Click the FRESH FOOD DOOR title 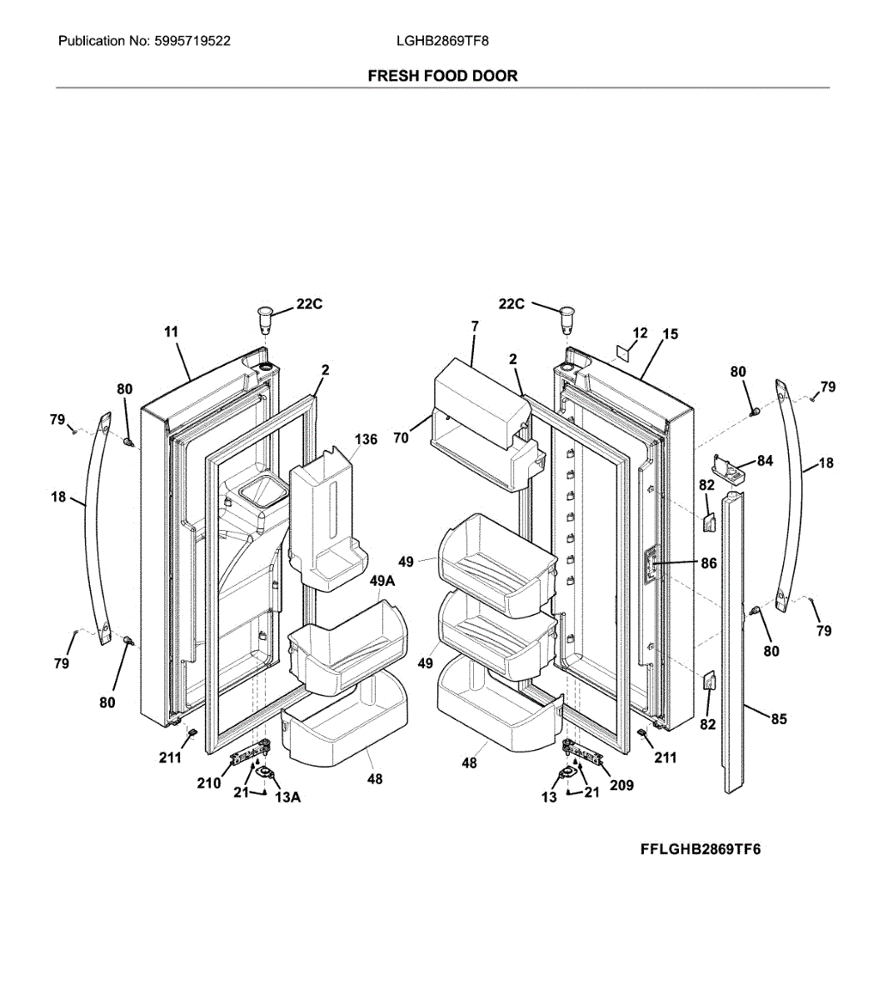(442, 76)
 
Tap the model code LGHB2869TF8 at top (437, 41)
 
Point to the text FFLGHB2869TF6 (700, 850)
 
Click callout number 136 (366, 439)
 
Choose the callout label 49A (382, 582)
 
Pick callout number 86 (708, 563)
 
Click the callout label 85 (779, 718)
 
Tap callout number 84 (765, 461)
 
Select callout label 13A (287, 797)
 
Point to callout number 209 (621, 785)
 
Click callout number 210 (209, 783)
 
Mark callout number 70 (402, 437)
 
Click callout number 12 (640, 333)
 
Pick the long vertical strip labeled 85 (733, 642)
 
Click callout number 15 (671, 334)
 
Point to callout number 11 (171, 332)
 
